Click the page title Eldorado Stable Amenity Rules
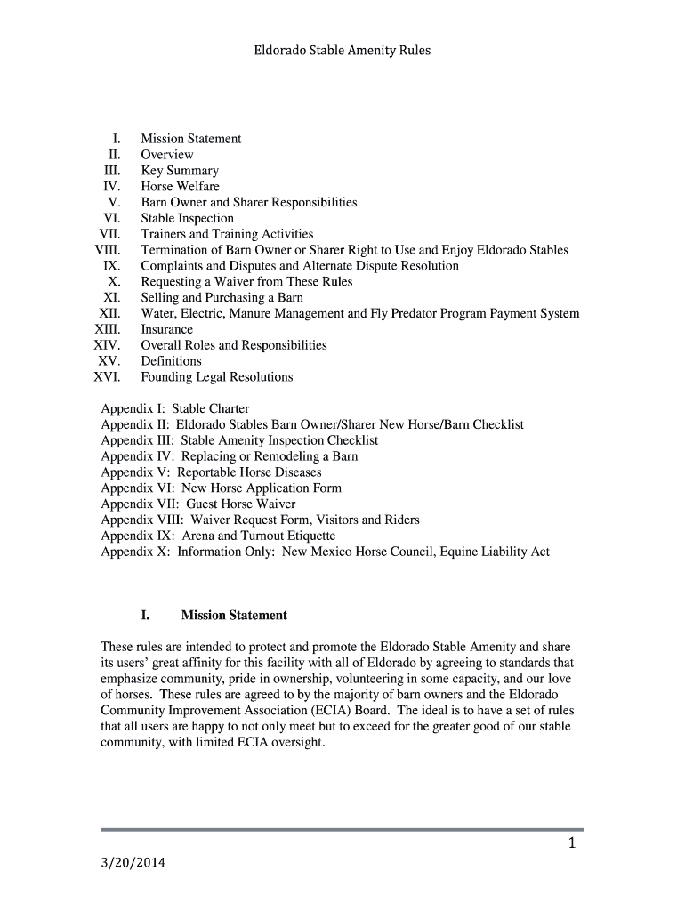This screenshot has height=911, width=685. click(342, 51)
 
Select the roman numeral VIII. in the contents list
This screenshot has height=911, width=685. click(108, 250)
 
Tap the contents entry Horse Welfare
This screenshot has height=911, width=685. click(180, 187)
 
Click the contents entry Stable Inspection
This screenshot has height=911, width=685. click(187, 218)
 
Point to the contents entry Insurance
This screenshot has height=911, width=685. click(166, 329)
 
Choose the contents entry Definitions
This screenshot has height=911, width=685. click(171, 361)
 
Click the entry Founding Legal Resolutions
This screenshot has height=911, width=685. click(216, 377)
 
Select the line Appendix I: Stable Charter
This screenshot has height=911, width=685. click(175, 409)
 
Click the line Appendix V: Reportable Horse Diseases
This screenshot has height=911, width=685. click(211, 472)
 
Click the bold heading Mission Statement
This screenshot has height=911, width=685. click(234, 616)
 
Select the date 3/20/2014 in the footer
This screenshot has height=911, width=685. click(133, 864)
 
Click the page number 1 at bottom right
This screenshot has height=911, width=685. click(573, 845)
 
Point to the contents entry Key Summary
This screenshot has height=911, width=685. click(179, 171)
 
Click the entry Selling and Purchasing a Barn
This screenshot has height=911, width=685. click(222, 297)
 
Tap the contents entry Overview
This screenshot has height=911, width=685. click(166, 155)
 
